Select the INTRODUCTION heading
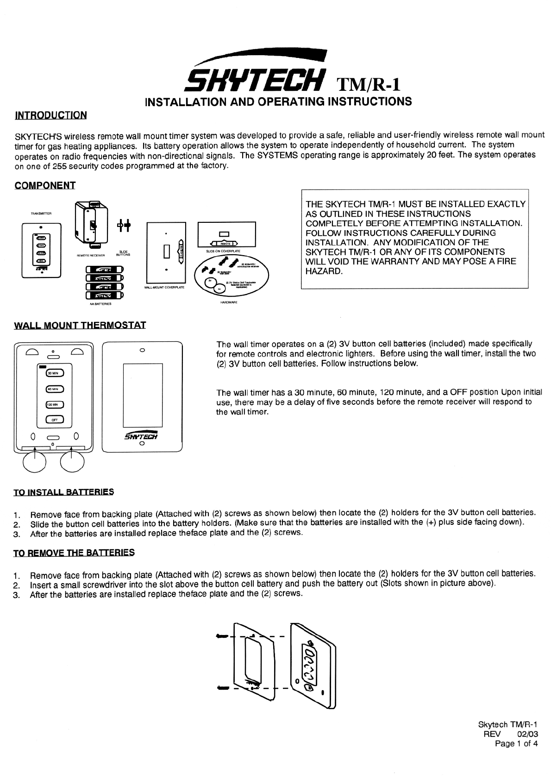(51, 115)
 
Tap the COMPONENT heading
(45, 185)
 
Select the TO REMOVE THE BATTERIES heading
(74, 553)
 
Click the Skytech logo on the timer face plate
(142, 436)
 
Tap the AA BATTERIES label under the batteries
(100, 305)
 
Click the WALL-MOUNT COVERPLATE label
(164, 288)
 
